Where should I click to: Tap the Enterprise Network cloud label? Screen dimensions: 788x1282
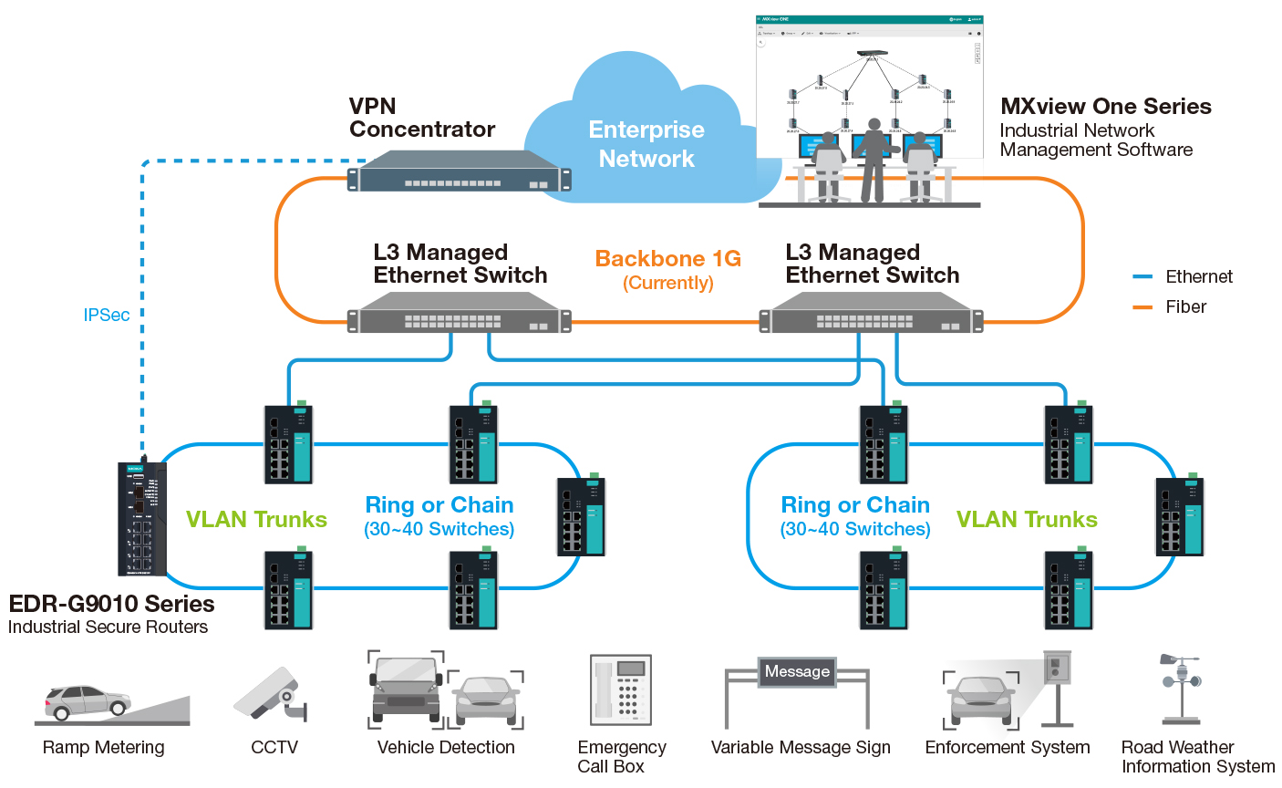point(646,144)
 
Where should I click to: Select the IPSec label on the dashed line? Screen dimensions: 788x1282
point(107,315)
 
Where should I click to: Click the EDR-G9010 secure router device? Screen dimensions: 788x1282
point(142,519)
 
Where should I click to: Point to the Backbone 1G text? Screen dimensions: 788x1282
point(667,259)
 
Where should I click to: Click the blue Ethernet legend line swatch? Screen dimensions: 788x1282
point(1142,276)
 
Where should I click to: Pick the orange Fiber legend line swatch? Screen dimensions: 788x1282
point(1142,307)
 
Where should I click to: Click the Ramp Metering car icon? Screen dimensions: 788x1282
point(88,702)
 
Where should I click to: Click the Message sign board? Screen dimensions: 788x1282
point(797,672)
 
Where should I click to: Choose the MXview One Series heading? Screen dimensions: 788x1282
point(1105,107)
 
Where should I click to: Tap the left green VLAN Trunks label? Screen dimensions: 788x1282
point(256,520)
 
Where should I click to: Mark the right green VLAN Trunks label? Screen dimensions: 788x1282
point(1027,520)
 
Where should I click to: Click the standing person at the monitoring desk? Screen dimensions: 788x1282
point(874,160)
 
